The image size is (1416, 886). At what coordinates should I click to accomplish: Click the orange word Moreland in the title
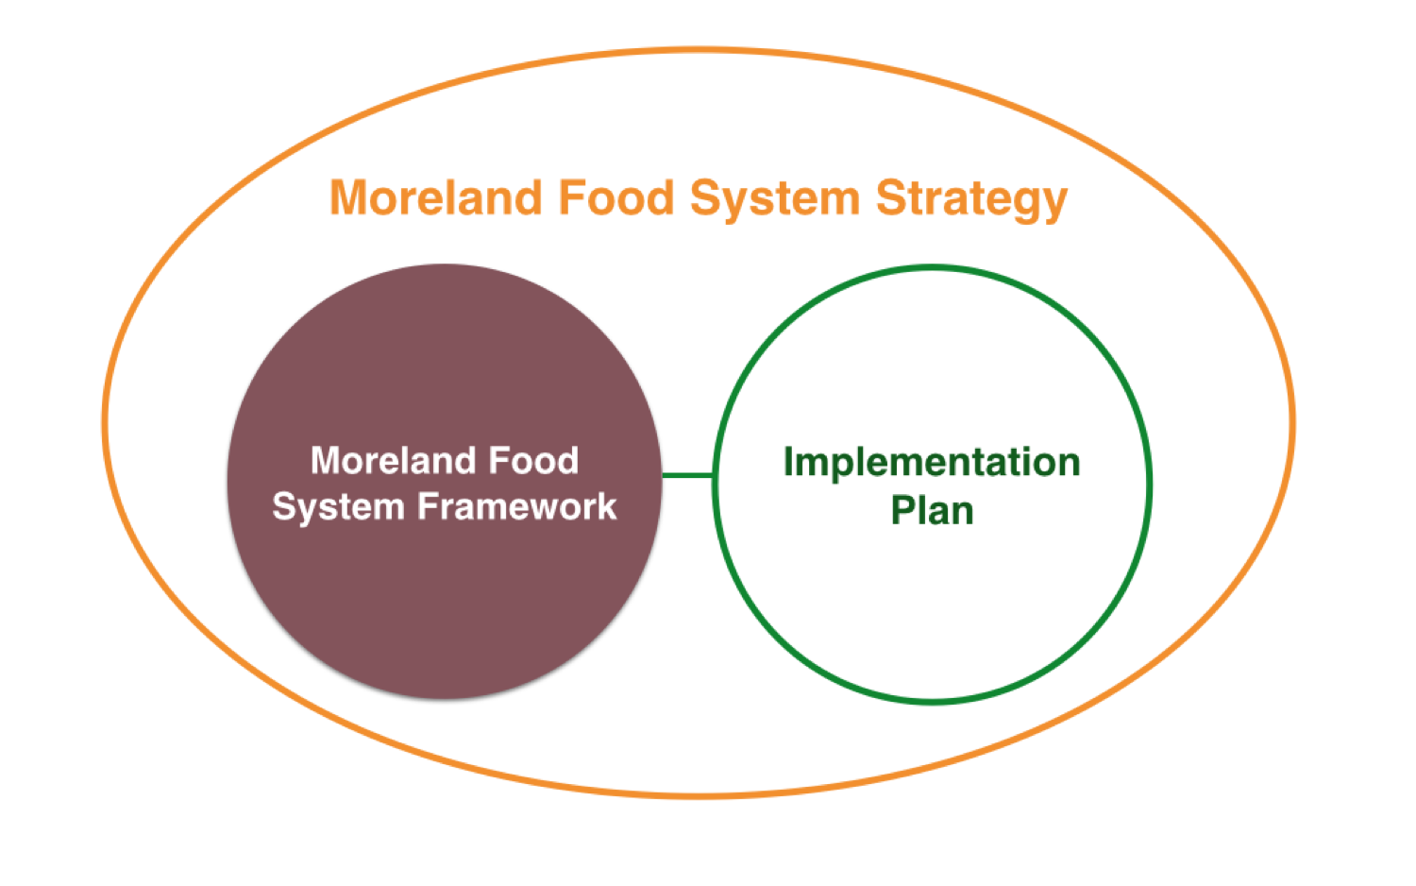[x=436, y=198]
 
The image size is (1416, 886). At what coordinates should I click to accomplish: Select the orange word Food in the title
[x=616, y=198]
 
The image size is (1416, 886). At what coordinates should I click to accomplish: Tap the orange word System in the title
[x=775, y=201]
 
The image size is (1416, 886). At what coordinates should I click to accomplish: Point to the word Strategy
[x=971, y=201]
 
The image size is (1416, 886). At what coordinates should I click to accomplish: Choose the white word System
[x=338, y=508]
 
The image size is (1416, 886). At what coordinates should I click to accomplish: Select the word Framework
[x=516, y=506]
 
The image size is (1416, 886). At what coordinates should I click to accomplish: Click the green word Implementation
[x=932, y=464]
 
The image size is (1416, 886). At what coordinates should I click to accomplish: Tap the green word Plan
[x=932, y=510]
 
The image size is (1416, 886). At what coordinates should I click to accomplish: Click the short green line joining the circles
[x=688, y=475]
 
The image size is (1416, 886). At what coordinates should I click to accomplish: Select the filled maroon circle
[x=445, y=482]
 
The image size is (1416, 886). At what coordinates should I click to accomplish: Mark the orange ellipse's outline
[x=105, y=422]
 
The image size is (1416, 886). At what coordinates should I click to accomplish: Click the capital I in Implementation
[x=787, y=462]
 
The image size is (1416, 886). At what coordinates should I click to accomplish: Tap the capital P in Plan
[x=902, y=510]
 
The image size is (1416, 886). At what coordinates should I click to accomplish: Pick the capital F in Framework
[x=428, y=506]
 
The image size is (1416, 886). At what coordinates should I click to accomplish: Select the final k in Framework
[x=606, y=506]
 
